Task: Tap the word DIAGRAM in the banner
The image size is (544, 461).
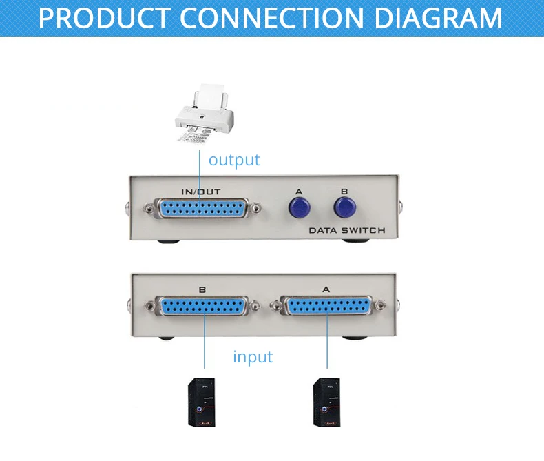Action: (x=439, y=18)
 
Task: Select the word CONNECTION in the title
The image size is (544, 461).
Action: (x=271, y=18)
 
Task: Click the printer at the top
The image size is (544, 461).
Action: (x=204, y=112)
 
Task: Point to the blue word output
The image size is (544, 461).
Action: (x=234, y=160)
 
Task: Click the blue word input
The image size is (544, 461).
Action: (x=253, y=357)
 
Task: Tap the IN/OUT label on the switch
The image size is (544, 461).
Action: (x=201, y=192)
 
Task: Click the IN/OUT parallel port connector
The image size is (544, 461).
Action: (x=202, y=208)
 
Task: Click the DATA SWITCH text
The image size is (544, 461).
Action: (x=347, y=230)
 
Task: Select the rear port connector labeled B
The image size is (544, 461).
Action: (x=203, y=306)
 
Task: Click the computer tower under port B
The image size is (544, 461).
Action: (x=202, y=402)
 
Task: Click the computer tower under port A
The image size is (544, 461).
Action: (x=327, y=402)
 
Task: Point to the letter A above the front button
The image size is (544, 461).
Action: (x=299, y=192)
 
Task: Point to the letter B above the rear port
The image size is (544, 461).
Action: (x=202, y=289)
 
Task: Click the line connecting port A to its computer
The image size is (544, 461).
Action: (x=327, y=340)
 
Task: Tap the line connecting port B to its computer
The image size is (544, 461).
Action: (x=205, y=340)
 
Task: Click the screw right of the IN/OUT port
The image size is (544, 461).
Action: (x=256, y=208)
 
